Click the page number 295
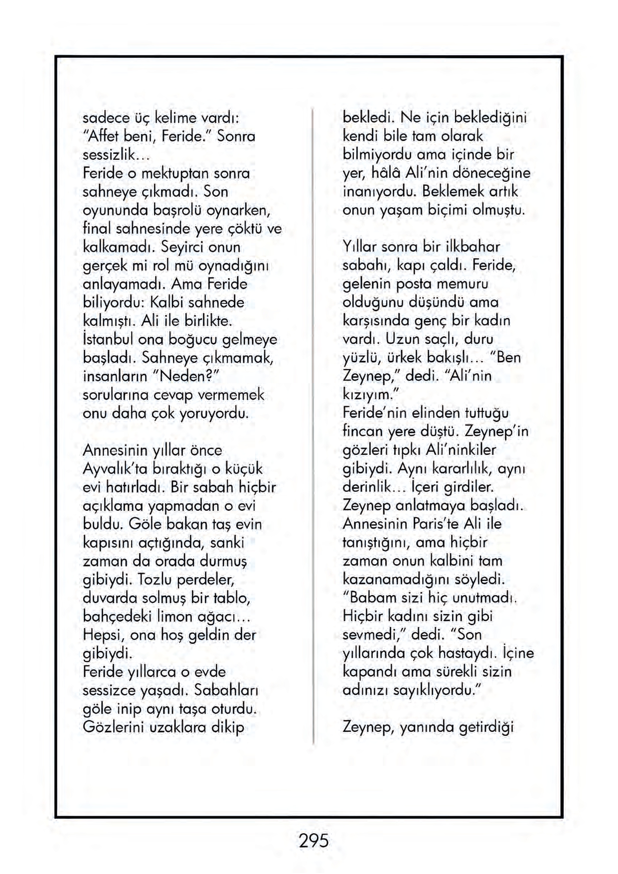coord(313,841)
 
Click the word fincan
coord(363,431)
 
